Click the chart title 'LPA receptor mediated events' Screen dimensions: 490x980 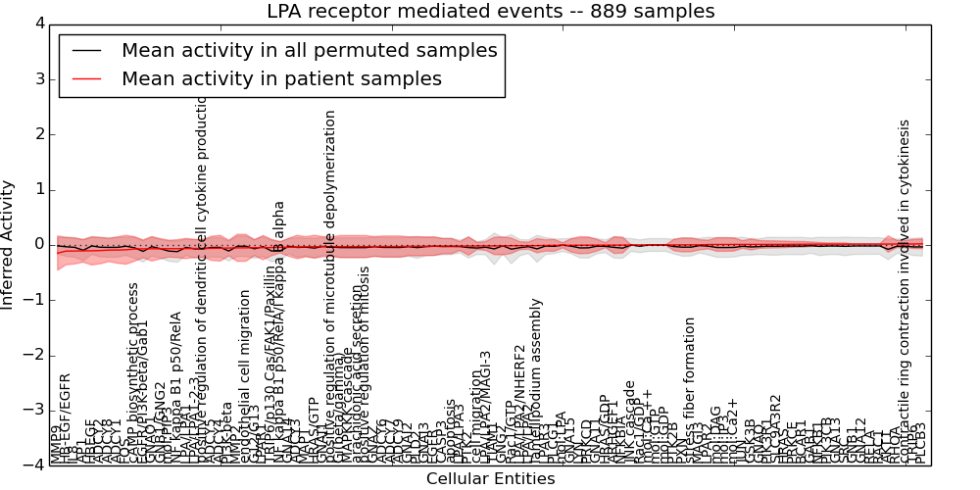pos(490,12)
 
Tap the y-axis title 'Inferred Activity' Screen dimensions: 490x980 pos(9,244)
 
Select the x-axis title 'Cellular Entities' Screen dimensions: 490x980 pos(490,479)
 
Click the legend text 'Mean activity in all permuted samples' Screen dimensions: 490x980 pos(310,50)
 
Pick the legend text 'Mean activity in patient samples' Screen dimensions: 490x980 pos(281,78)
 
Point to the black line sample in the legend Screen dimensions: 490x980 pos(87,50)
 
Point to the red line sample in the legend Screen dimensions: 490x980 pos(87,78)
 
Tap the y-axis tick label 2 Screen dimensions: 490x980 pos(38,134)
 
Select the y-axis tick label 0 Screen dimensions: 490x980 pos(38,244)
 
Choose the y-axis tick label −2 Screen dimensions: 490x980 pos(35,355)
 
